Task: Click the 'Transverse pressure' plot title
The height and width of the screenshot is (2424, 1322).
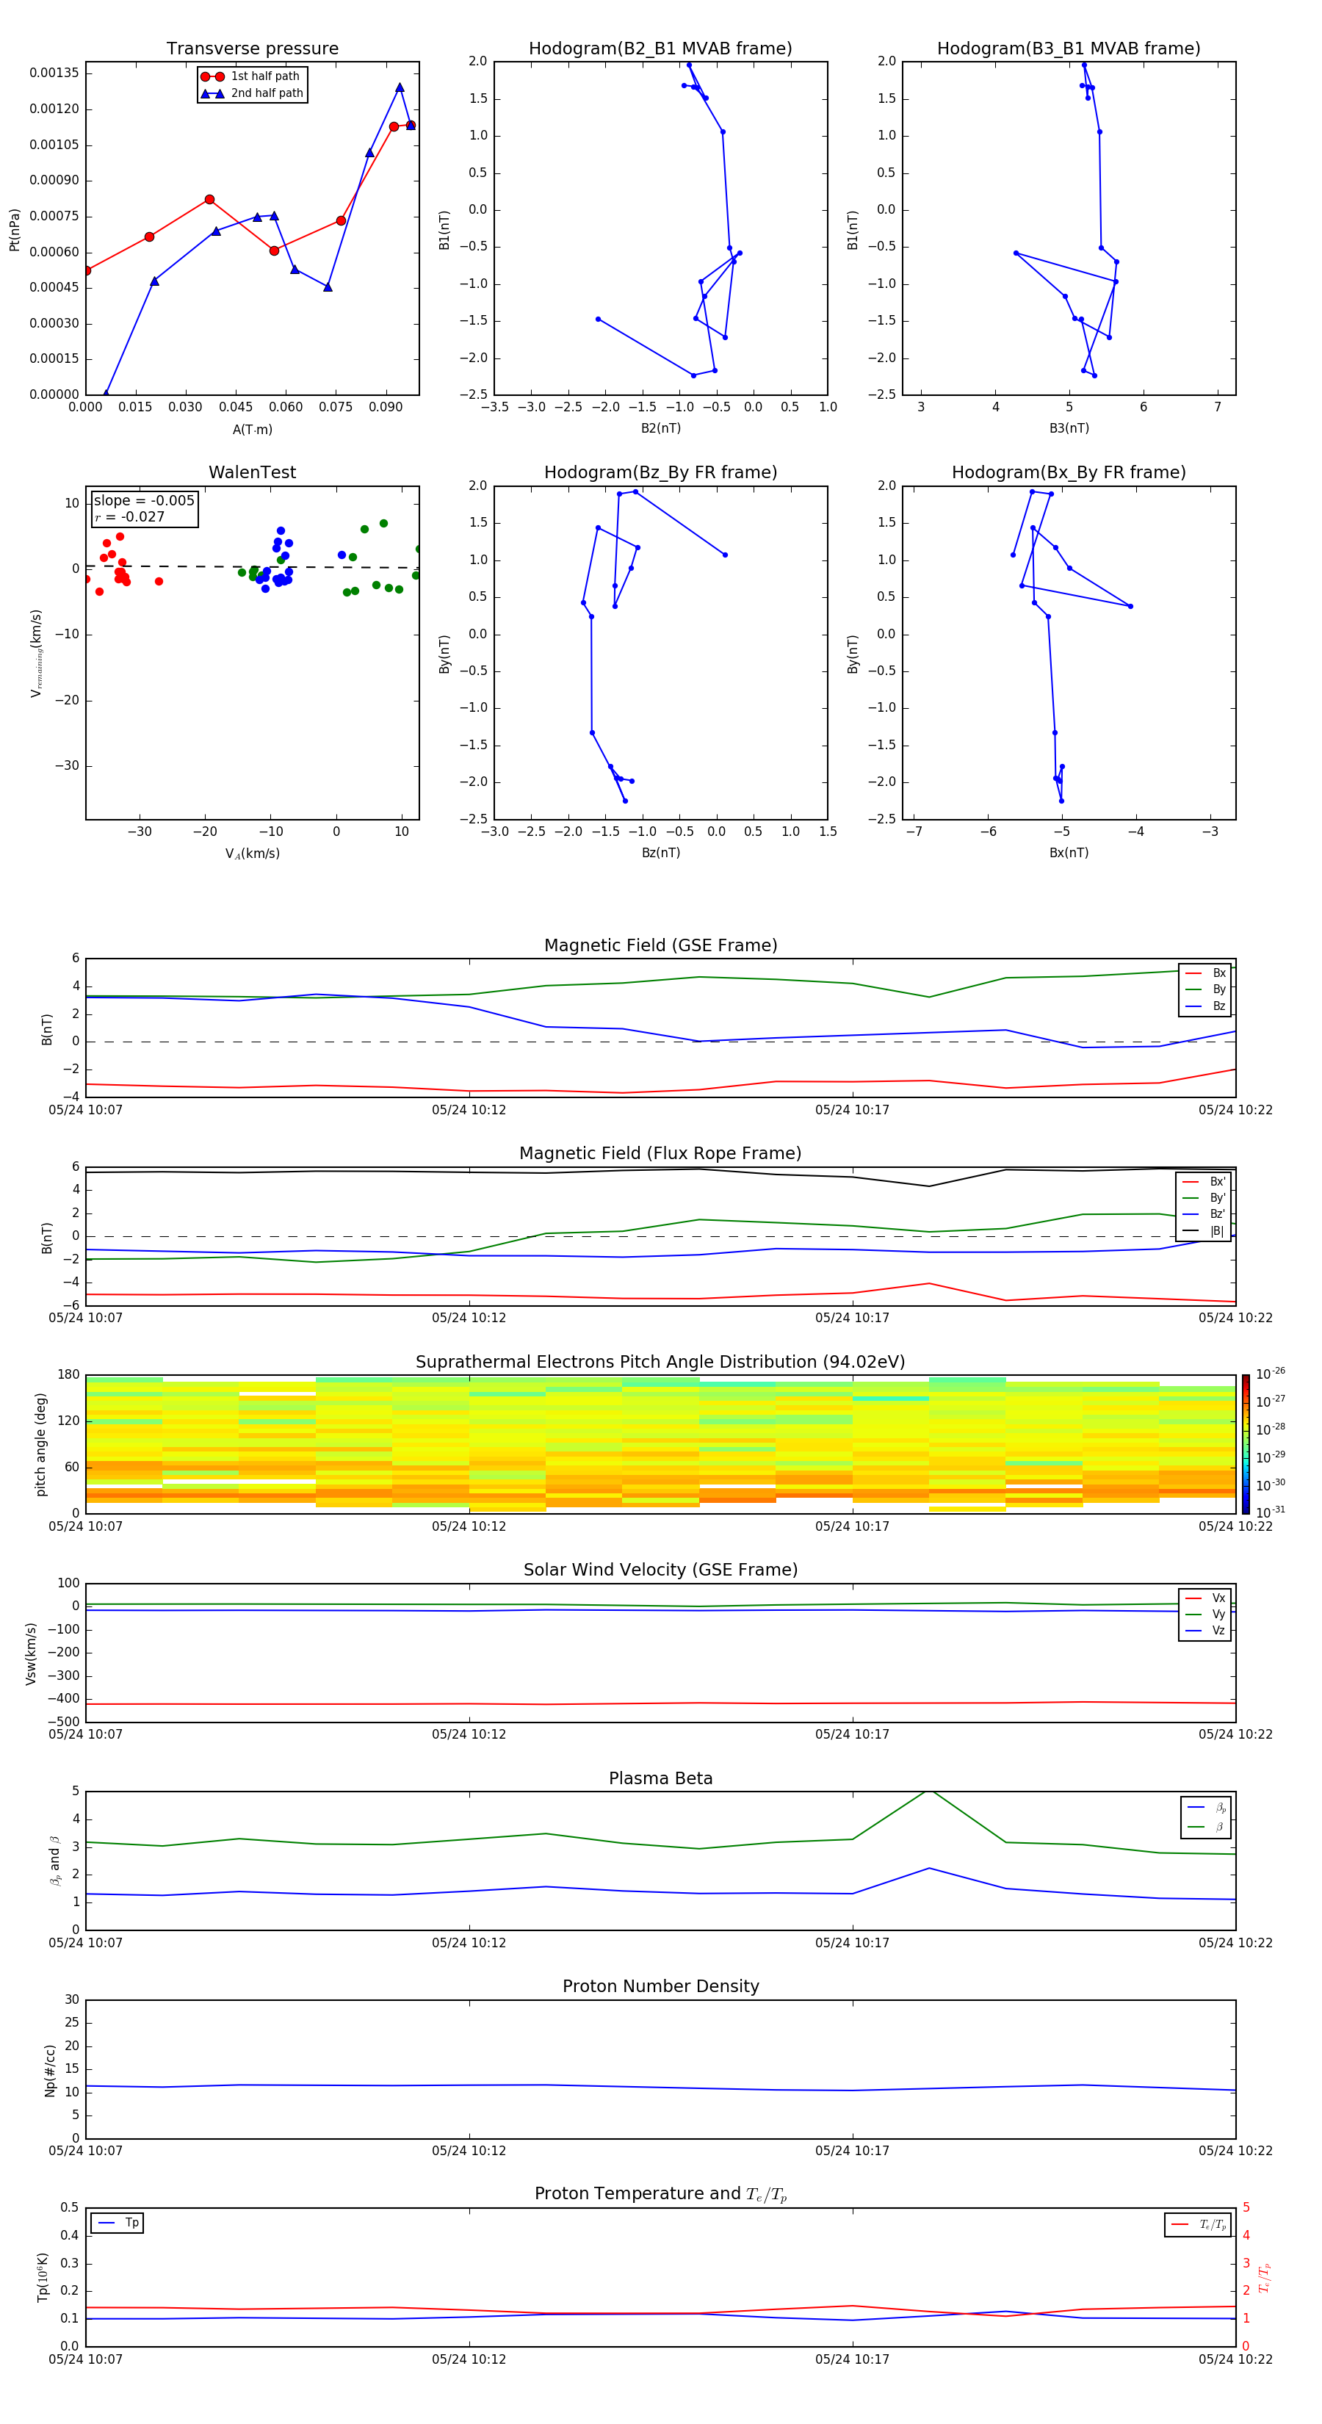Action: [x=252, y=49]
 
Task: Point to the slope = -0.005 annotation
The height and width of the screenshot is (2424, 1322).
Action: [x=144, y=501]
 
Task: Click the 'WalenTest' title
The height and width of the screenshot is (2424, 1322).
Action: [x=252, y=472]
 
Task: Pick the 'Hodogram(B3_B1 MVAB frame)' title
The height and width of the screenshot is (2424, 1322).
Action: [x=1068, y=49]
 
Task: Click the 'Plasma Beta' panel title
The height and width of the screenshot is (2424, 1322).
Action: [x=660, y=1778]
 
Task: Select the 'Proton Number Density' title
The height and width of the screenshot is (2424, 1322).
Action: [x=660, y=1986]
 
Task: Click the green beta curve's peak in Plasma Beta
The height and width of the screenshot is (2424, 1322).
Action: [x=928, y=1791]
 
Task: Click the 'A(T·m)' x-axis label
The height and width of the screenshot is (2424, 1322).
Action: [x=252, y=430]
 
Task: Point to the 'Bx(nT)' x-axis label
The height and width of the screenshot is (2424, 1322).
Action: [x=1068, y=853]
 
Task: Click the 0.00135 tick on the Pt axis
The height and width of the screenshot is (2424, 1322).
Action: [x=54, y=73]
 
